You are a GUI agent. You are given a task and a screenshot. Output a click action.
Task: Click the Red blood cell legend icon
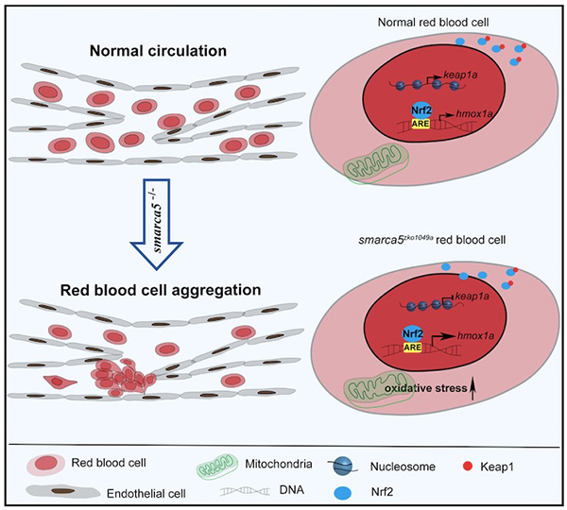[43, 462]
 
